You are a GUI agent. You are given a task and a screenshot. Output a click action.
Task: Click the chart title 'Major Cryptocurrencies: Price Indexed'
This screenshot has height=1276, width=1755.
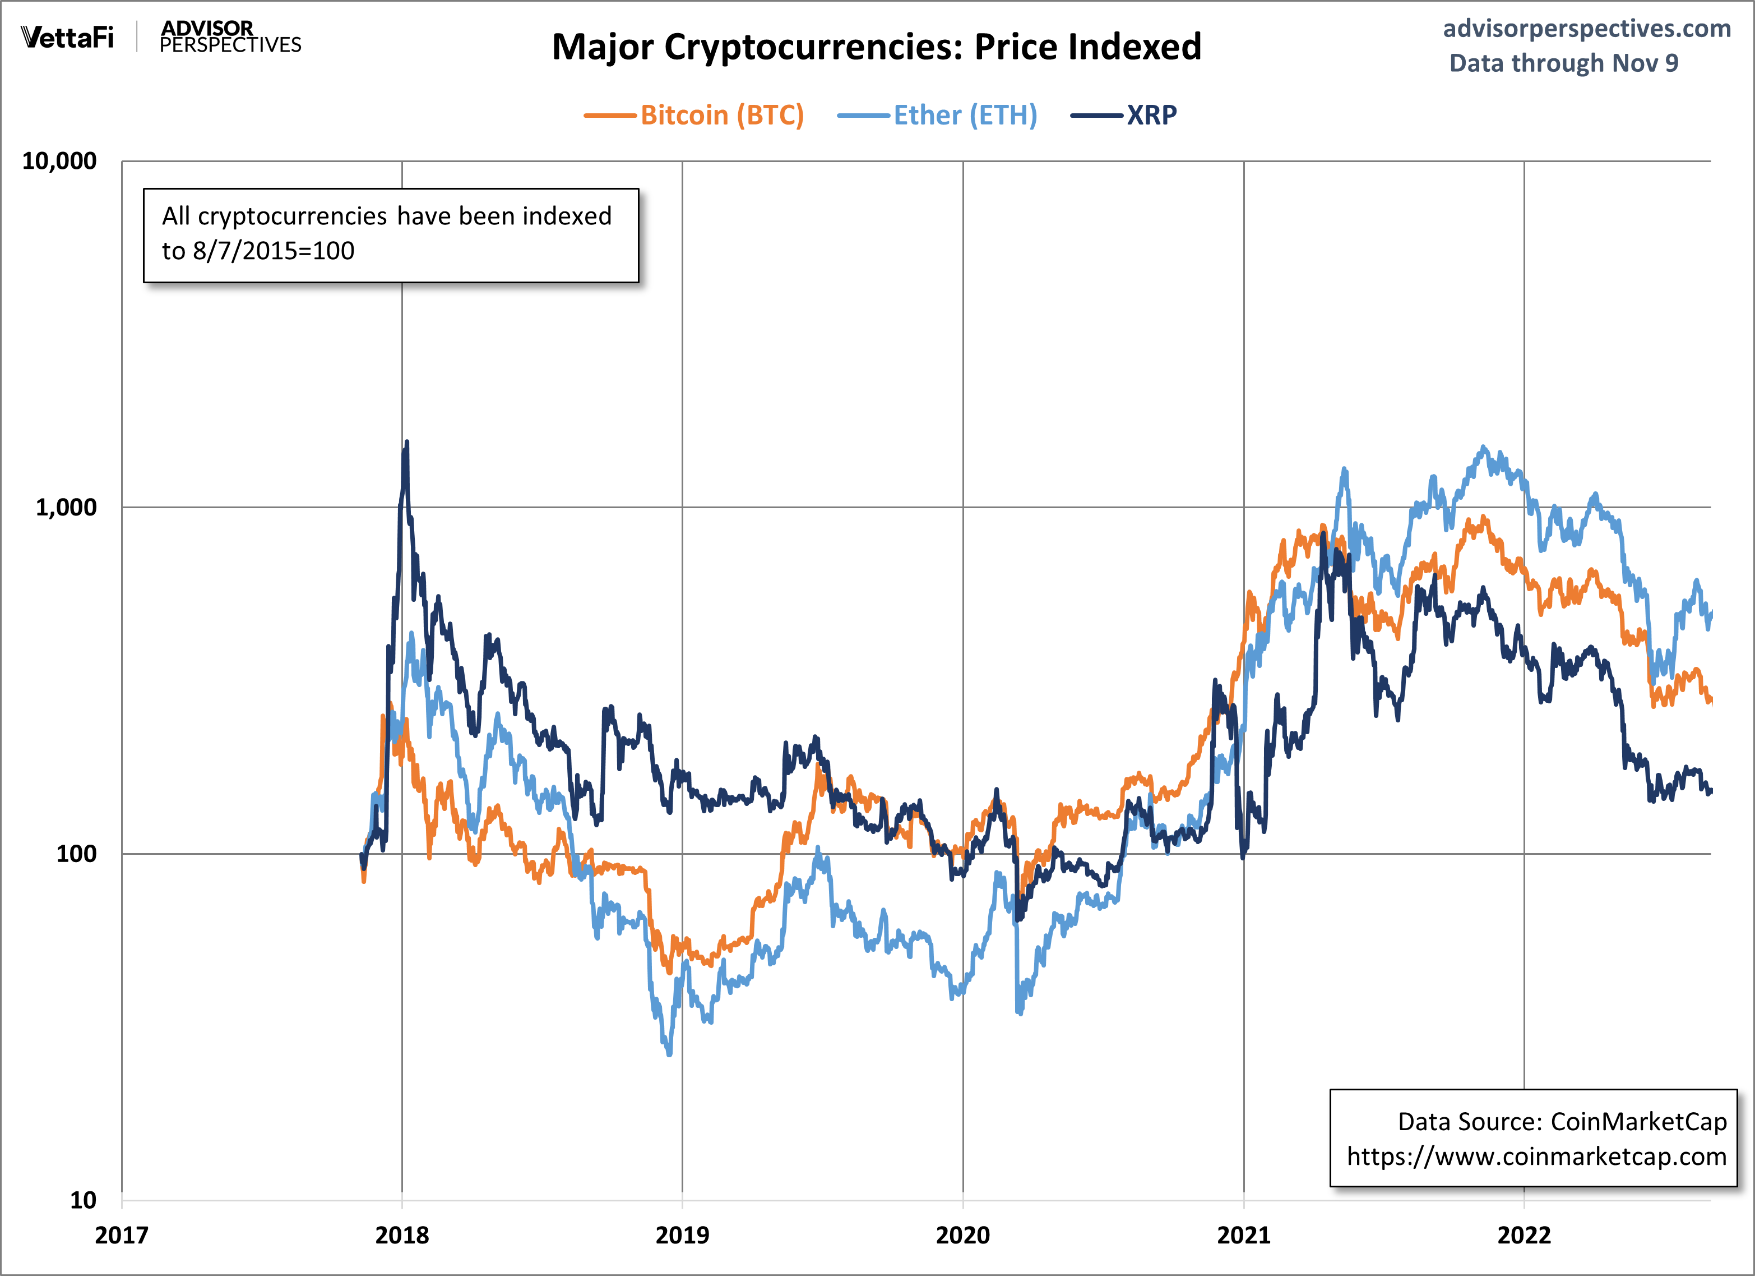point(876,47)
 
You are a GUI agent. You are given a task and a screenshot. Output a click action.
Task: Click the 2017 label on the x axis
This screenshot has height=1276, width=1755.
point(122,1235)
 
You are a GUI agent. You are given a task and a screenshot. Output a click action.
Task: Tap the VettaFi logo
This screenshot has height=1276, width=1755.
point(67,37)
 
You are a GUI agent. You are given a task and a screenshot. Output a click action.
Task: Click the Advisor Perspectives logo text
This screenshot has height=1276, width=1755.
point(230,37)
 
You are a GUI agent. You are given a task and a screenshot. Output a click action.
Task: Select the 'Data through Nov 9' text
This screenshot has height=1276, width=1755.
point(1563,63)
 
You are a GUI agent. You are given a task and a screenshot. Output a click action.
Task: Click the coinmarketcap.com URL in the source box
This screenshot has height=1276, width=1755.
point(1536,1156)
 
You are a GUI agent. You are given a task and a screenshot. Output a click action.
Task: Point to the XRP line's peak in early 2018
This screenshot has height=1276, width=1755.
point(407,443)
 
